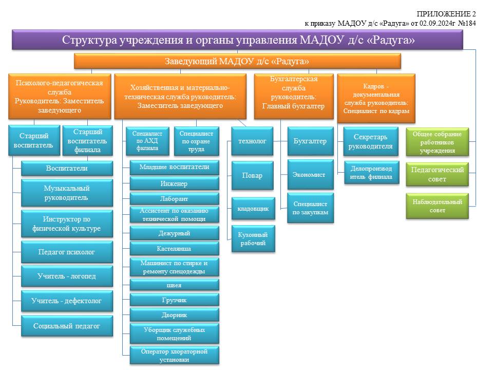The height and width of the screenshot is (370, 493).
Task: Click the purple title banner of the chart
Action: [237, 40]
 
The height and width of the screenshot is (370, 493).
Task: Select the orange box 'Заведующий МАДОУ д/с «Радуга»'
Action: [237, 61]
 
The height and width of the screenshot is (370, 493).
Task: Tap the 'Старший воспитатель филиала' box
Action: [87, 141]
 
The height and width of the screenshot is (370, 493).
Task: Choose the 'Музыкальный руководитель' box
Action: [67, 193]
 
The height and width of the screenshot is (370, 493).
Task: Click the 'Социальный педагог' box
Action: [67, 326]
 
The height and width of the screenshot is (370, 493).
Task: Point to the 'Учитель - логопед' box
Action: [67, 276]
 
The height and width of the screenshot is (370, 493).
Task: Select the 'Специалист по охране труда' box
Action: [197, 141]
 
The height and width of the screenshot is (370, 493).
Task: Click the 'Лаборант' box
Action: [175, 199]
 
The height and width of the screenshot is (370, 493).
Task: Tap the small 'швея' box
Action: [175, 285]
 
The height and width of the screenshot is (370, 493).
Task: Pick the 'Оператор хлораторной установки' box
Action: [175, 356]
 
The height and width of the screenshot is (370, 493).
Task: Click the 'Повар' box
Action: [253, 176]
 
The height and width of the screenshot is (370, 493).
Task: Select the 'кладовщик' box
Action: [253, 209]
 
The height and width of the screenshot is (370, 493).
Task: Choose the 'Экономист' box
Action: [310, 175]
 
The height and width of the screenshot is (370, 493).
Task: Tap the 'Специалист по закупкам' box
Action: [310, 208]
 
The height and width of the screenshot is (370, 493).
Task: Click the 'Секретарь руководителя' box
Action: [371, 142]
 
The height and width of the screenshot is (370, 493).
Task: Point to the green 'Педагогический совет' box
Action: [438, 174]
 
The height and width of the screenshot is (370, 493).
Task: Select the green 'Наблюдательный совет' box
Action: [438, 206]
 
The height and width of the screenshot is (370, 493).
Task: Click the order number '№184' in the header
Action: [467, 23]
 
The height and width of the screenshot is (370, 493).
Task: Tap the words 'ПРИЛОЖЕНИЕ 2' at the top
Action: [446, 14]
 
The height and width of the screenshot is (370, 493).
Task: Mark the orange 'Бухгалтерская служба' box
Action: [294, 97]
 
